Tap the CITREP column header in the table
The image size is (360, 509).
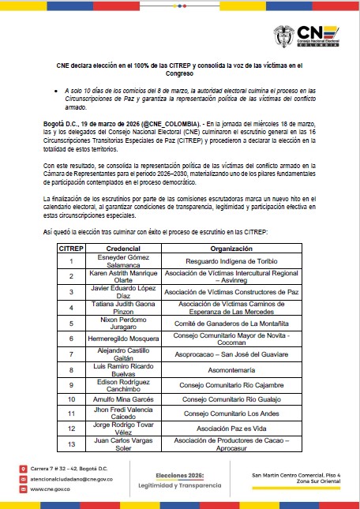[71, 248]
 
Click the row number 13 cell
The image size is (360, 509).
[71, 445]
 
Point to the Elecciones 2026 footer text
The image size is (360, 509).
[181, 475]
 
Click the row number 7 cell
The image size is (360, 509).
[71, 354]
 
